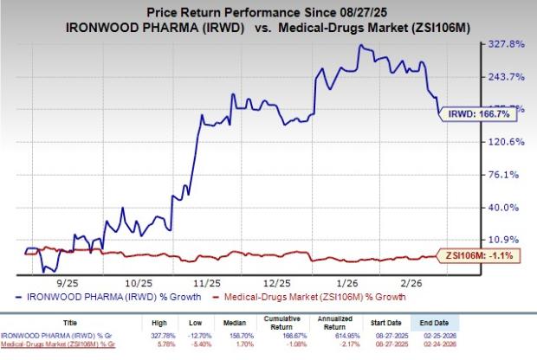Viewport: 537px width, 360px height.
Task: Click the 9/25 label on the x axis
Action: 70,283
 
